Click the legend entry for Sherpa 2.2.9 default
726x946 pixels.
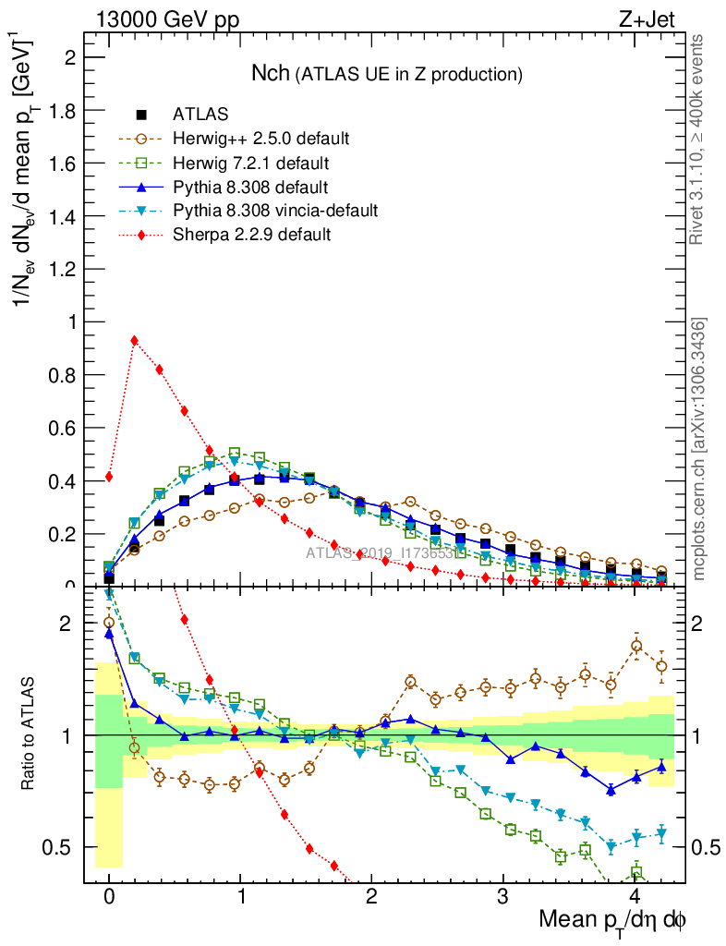251,235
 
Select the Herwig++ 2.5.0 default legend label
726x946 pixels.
260,139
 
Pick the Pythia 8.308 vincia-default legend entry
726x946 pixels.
275,211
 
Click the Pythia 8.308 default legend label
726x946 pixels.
250,188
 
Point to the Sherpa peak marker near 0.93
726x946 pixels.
135,341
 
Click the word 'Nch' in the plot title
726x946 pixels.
271,73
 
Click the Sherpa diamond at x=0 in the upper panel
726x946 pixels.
109,477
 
